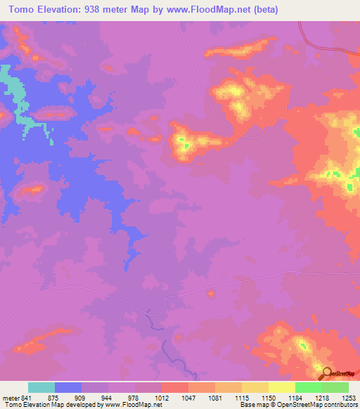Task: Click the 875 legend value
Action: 53,396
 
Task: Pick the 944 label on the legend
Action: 106,396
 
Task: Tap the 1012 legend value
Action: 160,396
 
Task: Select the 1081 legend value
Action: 214,396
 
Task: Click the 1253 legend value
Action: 348,396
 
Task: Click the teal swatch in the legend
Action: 41,387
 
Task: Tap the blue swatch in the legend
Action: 68,387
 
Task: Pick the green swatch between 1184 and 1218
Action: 308,387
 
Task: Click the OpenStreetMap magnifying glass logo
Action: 326,373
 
